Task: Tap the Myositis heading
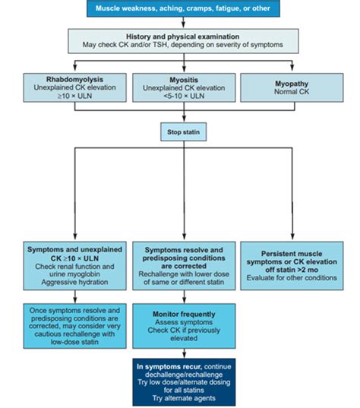[x=182, y=77]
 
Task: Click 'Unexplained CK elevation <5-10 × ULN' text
[x=182, y=91]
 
